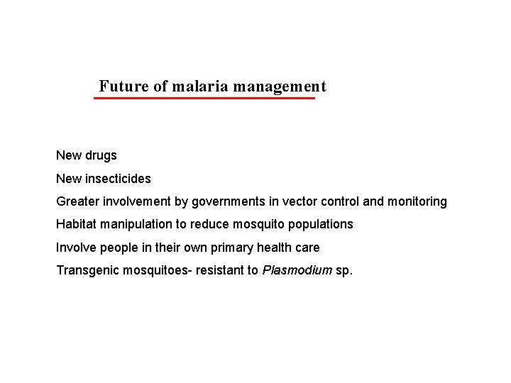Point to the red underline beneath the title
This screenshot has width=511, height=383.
(x=204, y=99)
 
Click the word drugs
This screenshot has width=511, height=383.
(x=101, y=155)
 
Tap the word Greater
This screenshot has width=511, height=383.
(x=78, y=201)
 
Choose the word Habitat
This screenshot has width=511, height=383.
(x=77, y=224)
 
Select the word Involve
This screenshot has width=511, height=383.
(x=77, y=248)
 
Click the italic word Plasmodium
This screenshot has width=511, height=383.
(x=297, y=270)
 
